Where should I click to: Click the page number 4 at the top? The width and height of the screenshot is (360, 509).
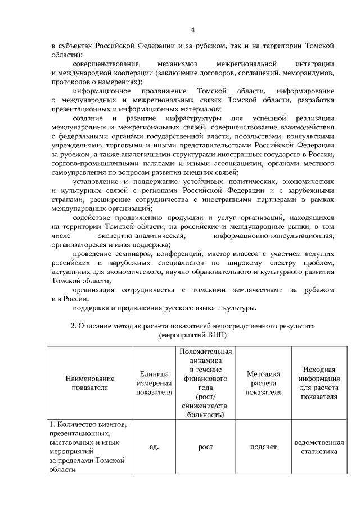click(x=192, y=30)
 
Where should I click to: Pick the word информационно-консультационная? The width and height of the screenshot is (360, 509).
click(x=279, y=236)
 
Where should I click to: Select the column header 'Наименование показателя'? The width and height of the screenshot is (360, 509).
click(x=89, y=383)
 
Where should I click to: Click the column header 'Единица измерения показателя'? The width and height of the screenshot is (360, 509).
click(x=154, y=383)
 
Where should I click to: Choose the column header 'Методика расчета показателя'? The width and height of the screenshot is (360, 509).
click(x=264, y=383)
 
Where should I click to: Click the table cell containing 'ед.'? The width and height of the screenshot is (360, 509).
click(x=154, y=447)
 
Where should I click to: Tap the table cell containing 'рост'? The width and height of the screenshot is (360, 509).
click(x=206, y=447)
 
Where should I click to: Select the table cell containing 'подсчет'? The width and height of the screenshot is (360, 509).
click(x=264, y=447)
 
